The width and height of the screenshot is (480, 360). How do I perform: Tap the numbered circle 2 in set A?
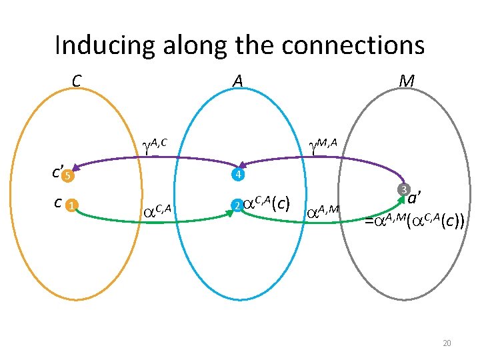tap(235, 205)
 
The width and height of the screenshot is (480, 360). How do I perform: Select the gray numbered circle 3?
tap(403, 191)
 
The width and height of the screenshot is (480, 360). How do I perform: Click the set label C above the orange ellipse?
tap(77, 81)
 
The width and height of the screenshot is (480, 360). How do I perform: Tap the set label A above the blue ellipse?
tap(237, 81)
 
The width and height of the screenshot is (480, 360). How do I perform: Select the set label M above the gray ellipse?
tap(405, 81)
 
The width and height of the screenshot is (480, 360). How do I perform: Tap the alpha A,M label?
tap(323, 211)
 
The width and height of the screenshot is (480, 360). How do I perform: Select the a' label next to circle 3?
tap(416, 198)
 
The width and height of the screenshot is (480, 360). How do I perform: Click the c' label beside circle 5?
tap(57, 173)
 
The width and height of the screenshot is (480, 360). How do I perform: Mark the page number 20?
tap(447, 343)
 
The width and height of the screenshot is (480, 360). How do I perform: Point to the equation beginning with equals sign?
tap(414, 221)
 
